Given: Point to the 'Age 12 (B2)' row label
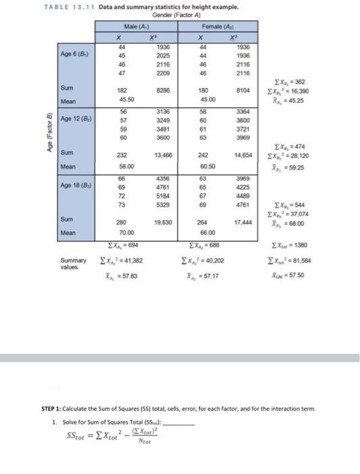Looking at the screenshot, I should click(76, 118).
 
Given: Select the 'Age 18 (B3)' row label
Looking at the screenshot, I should click(76, 184).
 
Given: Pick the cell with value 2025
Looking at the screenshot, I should click(162, 55).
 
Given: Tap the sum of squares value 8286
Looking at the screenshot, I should click(162, 89).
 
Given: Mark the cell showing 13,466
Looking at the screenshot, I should click(161, 154).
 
